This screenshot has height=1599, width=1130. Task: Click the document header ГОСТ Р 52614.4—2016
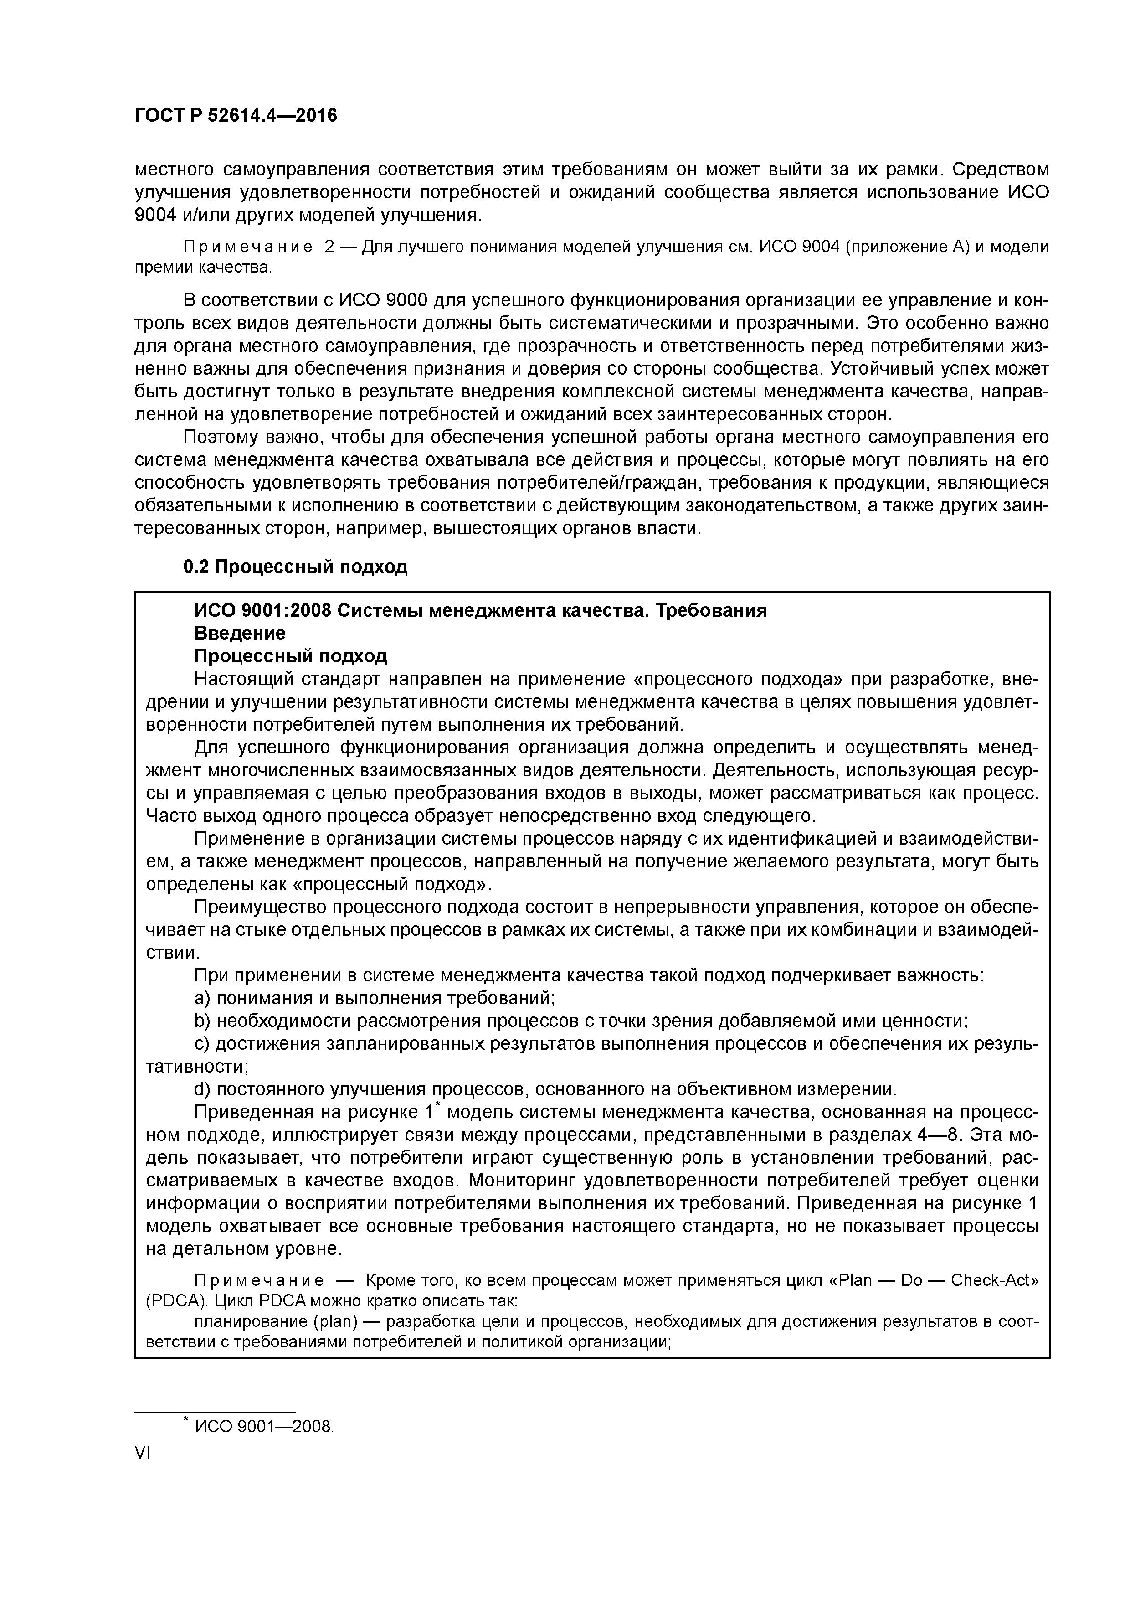(235, 116)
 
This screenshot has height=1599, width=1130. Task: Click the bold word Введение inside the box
(240, 633)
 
